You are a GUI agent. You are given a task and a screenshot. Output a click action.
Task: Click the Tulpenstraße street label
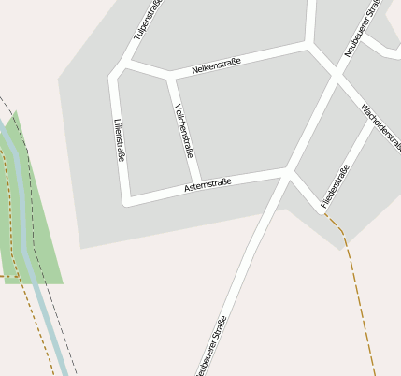149,19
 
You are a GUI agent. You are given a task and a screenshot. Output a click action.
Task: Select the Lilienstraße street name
119,141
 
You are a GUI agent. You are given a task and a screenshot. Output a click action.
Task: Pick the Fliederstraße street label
335,186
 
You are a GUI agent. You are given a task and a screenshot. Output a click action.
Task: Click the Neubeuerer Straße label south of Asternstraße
211,347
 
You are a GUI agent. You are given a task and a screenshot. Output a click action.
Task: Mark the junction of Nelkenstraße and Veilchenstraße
168,77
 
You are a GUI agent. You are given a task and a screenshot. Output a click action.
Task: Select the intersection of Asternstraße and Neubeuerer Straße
287,171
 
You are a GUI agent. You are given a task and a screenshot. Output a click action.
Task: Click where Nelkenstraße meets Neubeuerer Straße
308,44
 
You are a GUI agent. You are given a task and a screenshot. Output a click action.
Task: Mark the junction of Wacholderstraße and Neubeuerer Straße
337,77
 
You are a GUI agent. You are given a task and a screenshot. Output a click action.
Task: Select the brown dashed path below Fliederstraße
360,299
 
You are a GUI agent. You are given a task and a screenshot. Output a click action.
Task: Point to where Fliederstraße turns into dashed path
323,212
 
